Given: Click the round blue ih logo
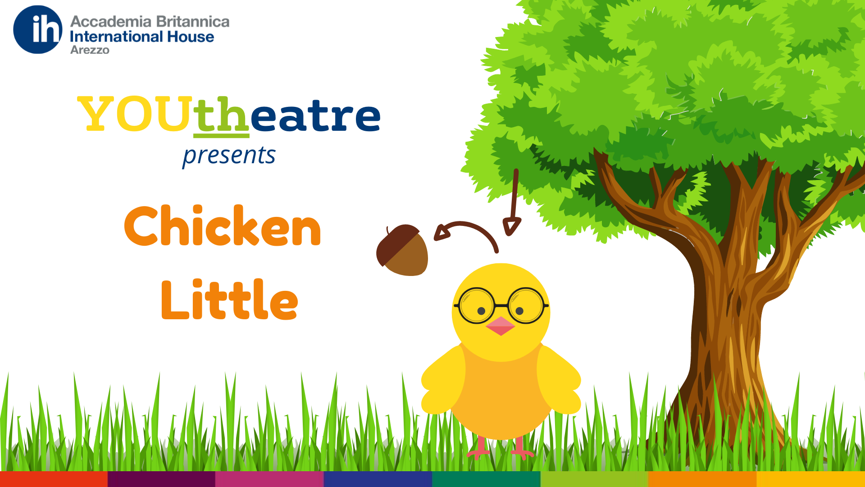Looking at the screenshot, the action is click(38, 30).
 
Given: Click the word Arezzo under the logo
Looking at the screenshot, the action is click(90, 50).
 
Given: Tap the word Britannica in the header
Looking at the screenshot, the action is click(192, 22).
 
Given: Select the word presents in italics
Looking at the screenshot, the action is click(229, 156).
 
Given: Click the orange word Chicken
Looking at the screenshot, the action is click(223, 225).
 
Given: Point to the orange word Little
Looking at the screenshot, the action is click(229, 299).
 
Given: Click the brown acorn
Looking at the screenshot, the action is click(402, 250).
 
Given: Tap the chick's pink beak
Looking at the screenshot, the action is click(501, 326).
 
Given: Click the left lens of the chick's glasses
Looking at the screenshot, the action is click(476, 306).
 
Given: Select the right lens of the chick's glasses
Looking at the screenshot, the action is click(526, 306).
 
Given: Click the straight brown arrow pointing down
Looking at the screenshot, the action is click(513, 202).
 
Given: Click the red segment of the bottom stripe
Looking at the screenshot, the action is click(54, 479).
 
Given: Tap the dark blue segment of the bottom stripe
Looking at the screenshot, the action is click(378, 479).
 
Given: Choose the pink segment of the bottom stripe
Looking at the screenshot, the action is click(270, 479).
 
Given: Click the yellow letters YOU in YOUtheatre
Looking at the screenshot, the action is click(135, 115).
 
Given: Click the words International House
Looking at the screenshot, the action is click(142, 37).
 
